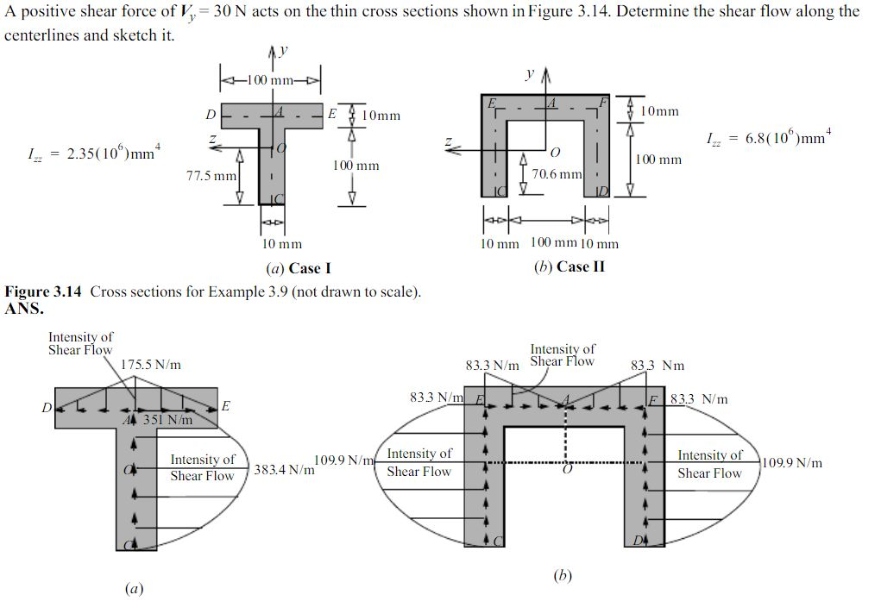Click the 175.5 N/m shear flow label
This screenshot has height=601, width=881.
tap(151, 365)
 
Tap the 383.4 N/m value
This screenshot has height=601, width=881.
tap(283, 470)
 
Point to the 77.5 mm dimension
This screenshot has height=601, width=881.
tap(211, 176)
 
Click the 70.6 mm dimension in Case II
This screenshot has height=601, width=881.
tap(557, 174)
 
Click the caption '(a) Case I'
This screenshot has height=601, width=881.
tap(298, 267)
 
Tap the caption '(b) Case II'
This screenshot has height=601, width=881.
tap(570, 266)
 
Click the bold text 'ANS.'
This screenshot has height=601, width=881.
tap(23, 308)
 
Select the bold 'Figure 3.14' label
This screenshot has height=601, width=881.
tap(43, 291)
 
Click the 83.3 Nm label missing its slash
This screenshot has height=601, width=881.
tap(658, 366)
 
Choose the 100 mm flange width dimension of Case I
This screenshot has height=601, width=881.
tap(271, 80)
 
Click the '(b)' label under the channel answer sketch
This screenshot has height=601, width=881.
tap(563, 575)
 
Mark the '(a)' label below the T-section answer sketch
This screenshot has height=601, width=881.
tap(134, 589)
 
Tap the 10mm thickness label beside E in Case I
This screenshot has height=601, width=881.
tap(381, 116)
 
